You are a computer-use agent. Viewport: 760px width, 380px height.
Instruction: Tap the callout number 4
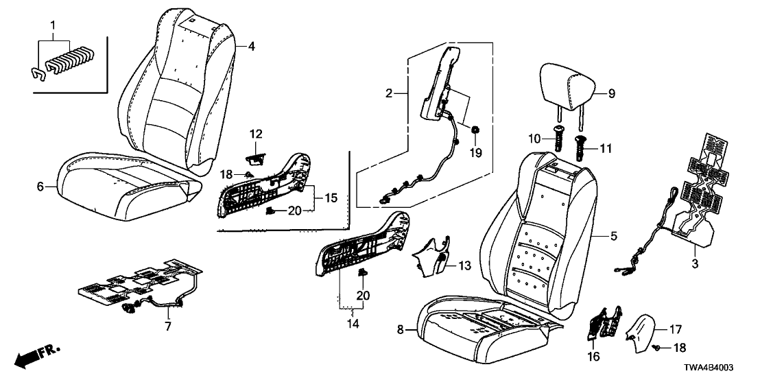[251, 46]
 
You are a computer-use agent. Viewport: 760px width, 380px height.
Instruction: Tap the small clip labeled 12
[254, 158]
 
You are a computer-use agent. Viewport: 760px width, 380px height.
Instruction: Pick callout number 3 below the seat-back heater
[694, 263]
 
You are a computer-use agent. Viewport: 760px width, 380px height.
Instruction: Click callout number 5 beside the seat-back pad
[613, 237]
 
